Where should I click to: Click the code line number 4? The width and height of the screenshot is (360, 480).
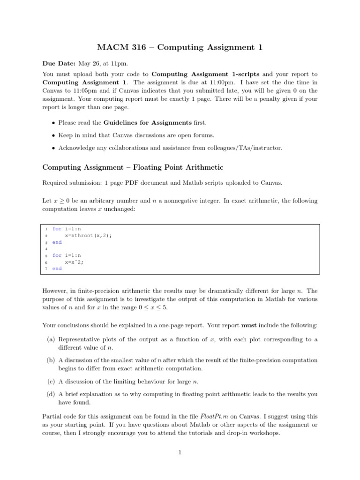click(46, 249)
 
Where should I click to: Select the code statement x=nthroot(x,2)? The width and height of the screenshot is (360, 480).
click(89, 236)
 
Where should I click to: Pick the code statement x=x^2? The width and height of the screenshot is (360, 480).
click(75, 262)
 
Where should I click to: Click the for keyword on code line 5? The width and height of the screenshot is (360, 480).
click(57, 255)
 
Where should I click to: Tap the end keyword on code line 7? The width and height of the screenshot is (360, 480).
click(57, 269)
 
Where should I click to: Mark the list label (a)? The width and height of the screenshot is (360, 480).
click(51, 339)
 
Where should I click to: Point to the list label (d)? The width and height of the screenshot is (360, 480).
click(51, 395)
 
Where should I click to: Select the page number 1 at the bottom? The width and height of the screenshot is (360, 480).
click(180, 452)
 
